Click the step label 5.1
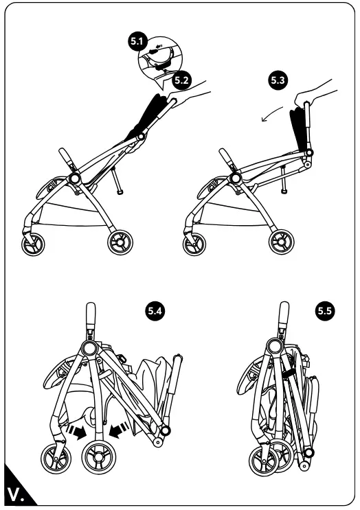[x=137, y=41]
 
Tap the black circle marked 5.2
[x=181, y=80]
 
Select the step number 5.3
[x=278, y=80]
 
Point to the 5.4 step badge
[x=155, y=311]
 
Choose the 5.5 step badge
[x=325, y=311]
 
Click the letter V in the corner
[x=14, y=494]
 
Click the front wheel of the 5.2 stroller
[x=33, y=244]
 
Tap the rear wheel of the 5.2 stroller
[x=120, y=242]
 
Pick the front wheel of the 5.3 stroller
[x=194, y=244]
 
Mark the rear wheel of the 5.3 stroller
[x=281, y=242]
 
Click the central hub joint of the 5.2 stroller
[x=74, y=178]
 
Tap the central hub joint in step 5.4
[x=88, y=348]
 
